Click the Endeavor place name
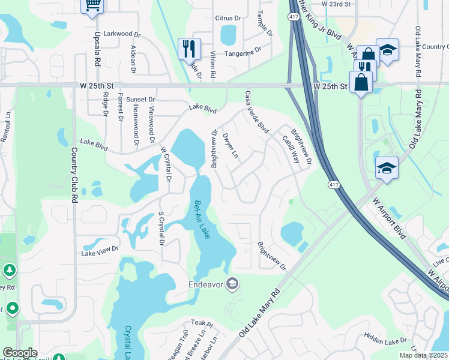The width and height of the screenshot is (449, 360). [x=206, y=284]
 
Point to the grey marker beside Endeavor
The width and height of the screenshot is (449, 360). [x=232, y=284]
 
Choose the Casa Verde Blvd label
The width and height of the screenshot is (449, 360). [x=256, y=112]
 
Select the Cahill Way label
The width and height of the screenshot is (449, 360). [x=291, y=149]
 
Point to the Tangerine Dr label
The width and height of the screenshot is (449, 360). [x=243, y=52]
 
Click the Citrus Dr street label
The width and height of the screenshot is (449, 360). [x=228, y=19]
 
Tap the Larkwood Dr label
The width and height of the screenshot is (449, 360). [x=121, y=34]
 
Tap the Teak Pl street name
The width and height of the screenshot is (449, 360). [x=198, y=323]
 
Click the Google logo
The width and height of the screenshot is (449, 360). [x=20, y=353]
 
